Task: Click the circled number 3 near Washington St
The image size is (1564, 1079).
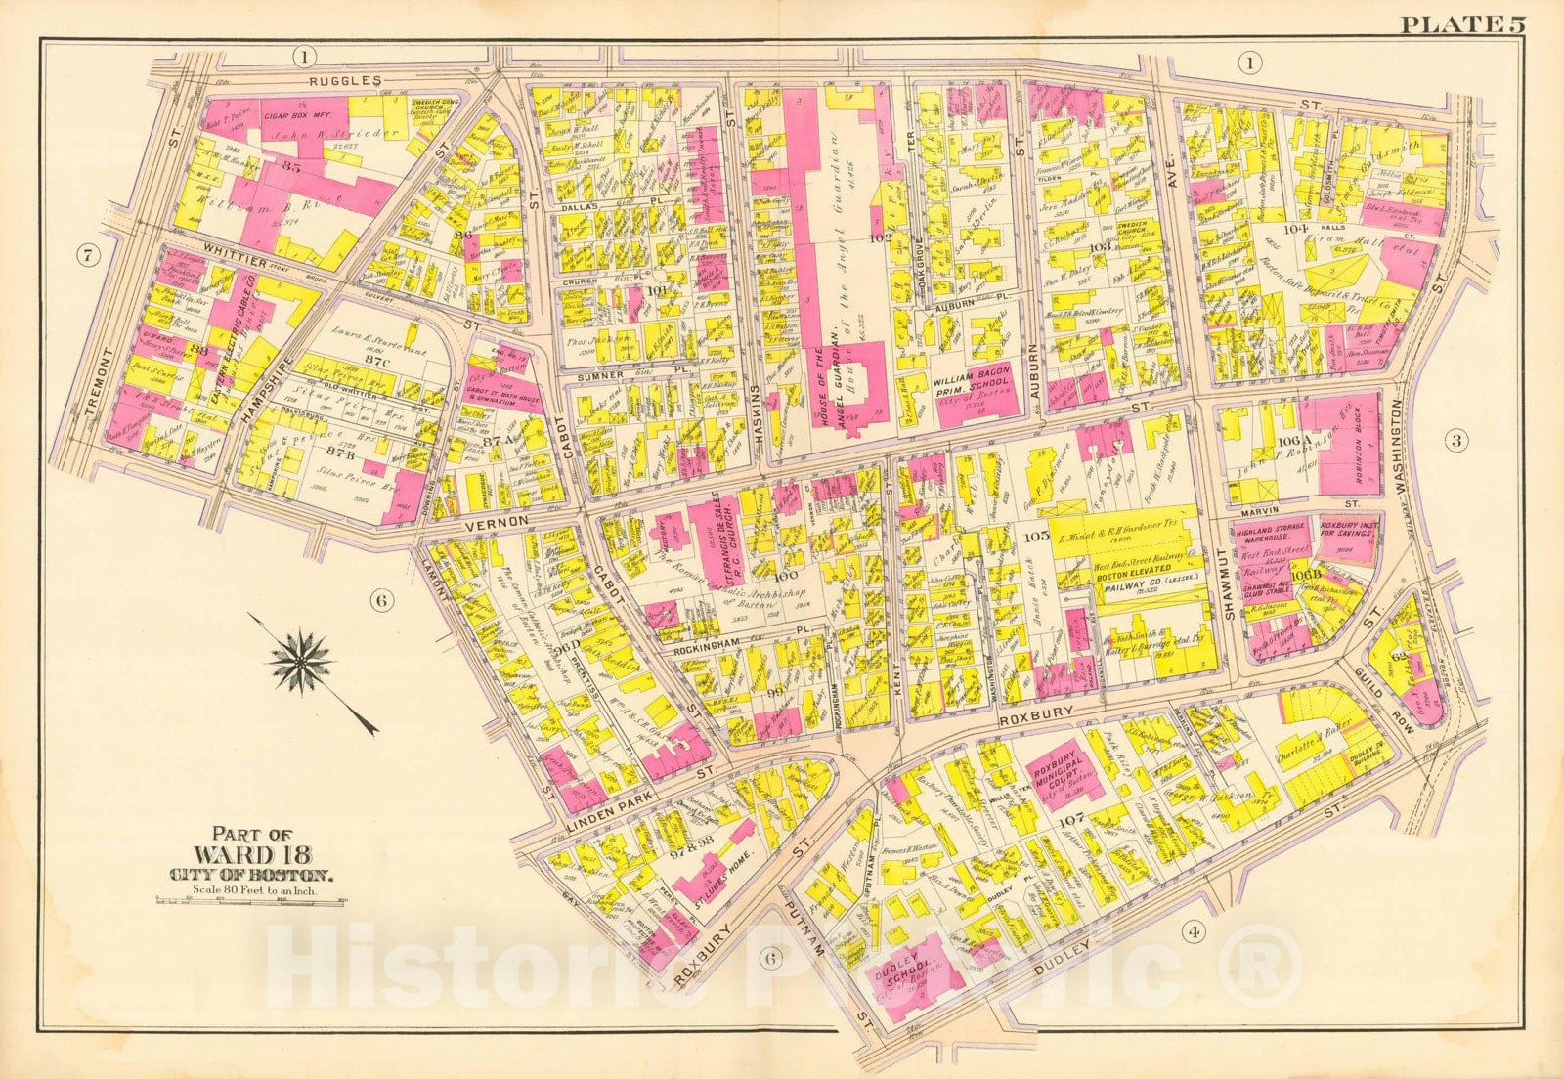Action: coord(1455,441)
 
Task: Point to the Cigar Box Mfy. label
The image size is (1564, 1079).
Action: coord(295,115)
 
